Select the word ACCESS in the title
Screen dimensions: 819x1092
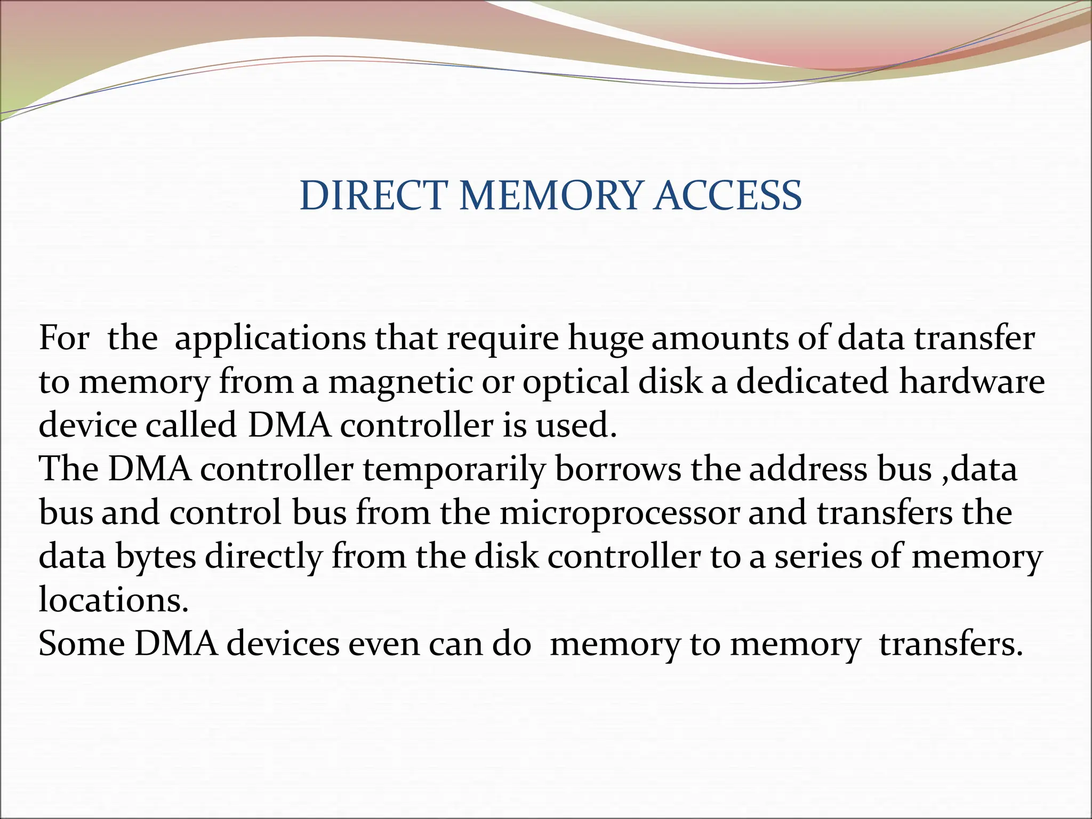pos(728,196)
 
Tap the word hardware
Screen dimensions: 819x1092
pos(971,382)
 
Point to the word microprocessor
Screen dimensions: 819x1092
pos(620,513)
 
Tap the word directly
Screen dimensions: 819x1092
pos(263,557)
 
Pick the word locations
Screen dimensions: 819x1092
pos(114,600)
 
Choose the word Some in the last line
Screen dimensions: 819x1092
pos(82,644)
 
